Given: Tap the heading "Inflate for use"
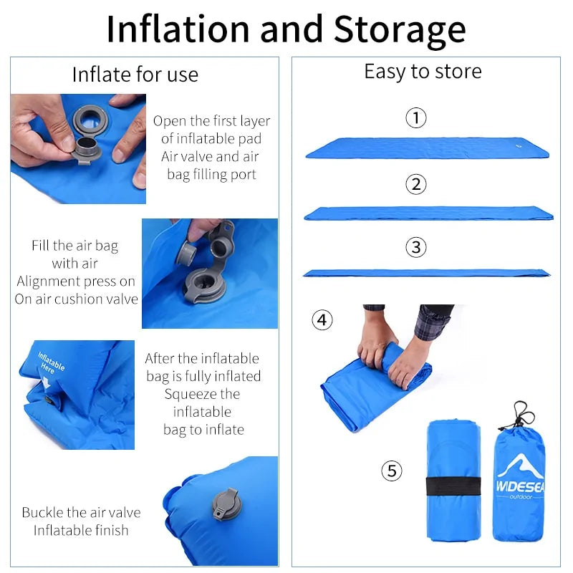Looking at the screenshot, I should click(x=135, y=74).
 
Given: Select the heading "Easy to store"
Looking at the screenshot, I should click(x=423, y=72).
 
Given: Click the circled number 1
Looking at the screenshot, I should click(x=416, y=117).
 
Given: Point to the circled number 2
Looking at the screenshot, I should click(x=416, y=184).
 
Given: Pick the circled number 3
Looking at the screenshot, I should click(x=416, y=248).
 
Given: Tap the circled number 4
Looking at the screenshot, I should click(x=322, y=319).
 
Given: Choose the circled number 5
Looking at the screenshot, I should click(x=391, y=471).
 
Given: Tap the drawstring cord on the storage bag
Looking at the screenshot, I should click(x=523, y=414).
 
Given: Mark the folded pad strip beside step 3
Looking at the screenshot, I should click(x=427, y=273).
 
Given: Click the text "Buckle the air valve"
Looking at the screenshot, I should click(x=81, y=513).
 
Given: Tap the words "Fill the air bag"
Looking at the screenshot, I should click(x=74, y=246).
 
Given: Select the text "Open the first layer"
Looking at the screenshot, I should click(x=211, y=121).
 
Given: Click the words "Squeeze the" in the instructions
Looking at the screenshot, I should click(x=203, y=394).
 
